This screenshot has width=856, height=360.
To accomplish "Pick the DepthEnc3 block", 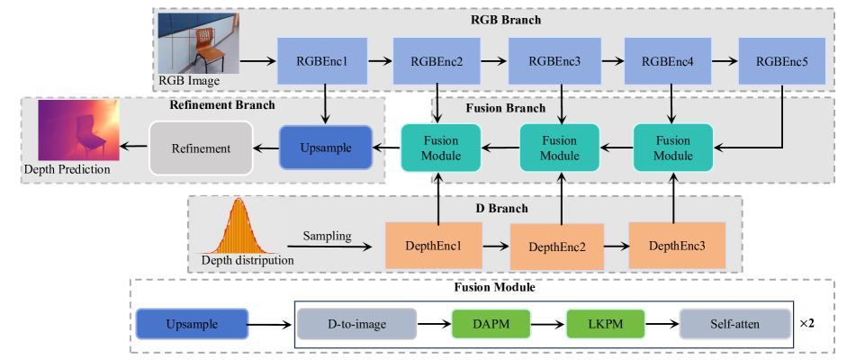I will pos(676,245).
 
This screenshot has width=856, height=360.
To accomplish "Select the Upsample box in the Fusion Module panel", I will pos(192,323).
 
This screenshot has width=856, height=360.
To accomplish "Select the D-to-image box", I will pos(356,323).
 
